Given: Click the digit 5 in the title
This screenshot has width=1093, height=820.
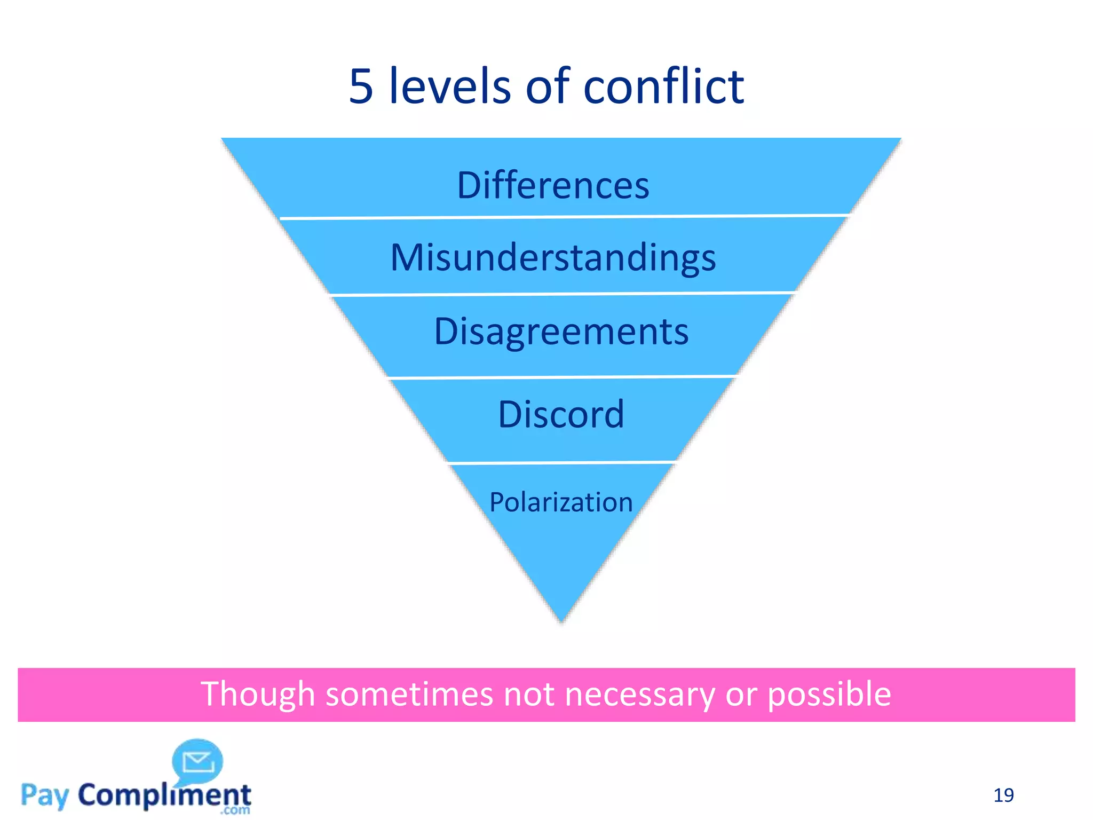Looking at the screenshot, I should click(x=361, y=86).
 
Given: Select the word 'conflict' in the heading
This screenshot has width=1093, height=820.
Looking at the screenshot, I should click(x=663, y=86).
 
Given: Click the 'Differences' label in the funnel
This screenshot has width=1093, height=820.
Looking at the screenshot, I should click(x=553, y=185).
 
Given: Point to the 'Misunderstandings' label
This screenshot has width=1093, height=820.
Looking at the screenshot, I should click(x=553, y=258).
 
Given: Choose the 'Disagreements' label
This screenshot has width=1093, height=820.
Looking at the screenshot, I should click(x=561, y=332).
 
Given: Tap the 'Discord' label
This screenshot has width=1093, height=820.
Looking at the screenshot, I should click(x=561, y=414).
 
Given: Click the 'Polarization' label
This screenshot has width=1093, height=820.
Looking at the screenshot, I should click(x=561, y=502).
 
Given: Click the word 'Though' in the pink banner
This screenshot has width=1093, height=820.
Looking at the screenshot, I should click(x=258, y=695).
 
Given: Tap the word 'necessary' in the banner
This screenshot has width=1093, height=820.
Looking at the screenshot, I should click(x=639, y=695).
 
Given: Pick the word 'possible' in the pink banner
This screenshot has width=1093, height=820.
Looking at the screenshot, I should click(x=829, y=695).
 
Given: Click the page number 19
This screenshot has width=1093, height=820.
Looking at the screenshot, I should click(x=1003, y=795).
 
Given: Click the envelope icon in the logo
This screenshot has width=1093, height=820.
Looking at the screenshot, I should click(x=198, y=762).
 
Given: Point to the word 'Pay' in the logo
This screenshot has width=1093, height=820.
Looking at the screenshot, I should click(x=45, y=796).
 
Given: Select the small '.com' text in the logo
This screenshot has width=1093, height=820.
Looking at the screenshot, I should click(x=235, y=810).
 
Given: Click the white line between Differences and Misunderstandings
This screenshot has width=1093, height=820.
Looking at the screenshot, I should click(x=564, y=217).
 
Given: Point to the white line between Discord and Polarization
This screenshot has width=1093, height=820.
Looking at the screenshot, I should click(x=561, y=462).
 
